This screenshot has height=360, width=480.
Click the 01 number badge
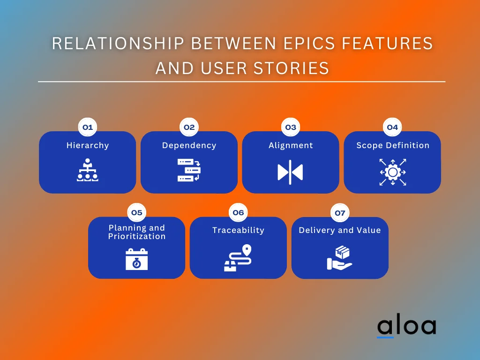[87, 127]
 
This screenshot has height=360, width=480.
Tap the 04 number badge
[392, 127]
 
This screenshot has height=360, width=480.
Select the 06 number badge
[238, 213]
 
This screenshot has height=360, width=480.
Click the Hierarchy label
[87, 145]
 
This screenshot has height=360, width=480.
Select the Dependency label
[189, 145]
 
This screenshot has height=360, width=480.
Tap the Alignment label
[291, 145]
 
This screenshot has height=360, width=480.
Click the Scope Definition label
[392, 145]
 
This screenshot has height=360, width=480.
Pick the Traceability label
[238, 230]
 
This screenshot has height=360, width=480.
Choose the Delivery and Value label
[339, 230]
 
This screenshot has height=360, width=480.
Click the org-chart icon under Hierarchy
[87, 171]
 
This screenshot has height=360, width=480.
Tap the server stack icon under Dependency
[189, 171]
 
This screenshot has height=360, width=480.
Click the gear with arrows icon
[392, 172]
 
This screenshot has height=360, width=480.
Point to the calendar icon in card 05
[136, 259]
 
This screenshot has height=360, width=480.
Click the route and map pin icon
[238, 258]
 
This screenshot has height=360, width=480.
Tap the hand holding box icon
[339, 258]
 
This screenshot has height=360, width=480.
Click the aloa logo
[406, 327]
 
